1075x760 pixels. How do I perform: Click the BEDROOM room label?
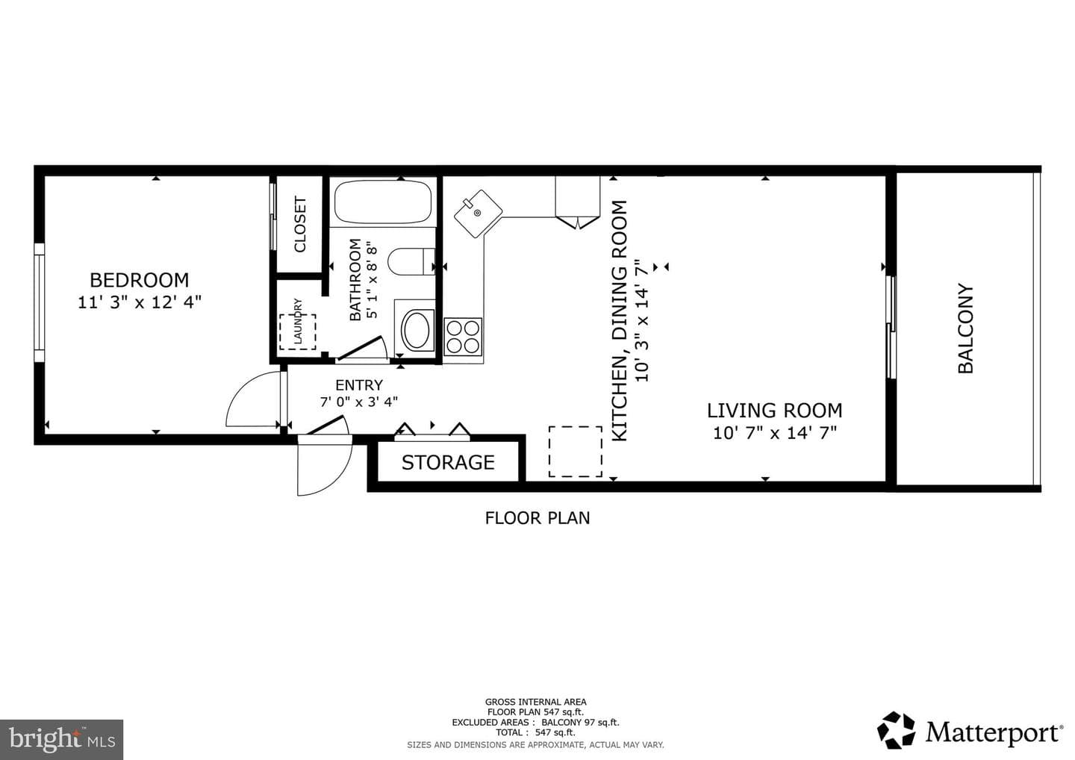click(x=139, y=280)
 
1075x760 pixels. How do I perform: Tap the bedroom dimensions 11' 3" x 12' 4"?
click(x=139, y=302)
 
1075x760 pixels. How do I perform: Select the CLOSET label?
click(x=300, y=224)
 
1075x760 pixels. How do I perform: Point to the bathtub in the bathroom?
click(x=382, y=202)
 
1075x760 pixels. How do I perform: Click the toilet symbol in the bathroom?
click(x=411, y=261)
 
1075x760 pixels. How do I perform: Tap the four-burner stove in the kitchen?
click(x=463, y=337)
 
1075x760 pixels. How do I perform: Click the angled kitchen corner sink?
click(x=478, y=214)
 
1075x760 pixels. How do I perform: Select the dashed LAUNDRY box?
click(x=298, y=331)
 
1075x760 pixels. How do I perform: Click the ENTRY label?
click(x=359, y=385)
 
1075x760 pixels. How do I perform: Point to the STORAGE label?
click(x=448, y=463)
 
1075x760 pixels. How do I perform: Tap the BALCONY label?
click(x=965, y=328)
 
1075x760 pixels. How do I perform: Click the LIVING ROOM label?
click(x=775, y=411)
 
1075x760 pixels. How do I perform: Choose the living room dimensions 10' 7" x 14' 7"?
click(x=775, y=433)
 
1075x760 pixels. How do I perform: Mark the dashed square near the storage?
click(x=576, y=452)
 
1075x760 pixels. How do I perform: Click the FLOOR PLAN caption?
click(x=537, y=518)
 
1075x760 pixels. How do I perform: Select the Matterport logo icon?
click(x=896, y=730)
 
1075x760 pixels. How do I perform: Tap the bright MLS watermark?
click(x=61, y=739)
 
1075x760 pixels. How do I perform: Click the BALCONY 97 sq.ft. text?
click(x=580, y=722)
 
